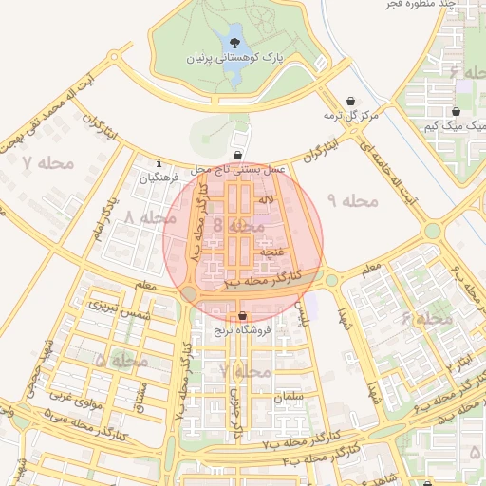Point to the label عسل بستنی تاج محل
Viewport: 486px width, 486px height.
pos(237,168)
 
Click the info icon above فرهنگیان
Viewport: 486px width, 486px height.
pos(159,163)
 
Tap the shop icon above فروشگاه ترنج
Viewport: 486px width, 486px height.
pos(243,315)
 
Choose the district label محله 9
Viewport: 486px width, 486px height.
pos(352,200)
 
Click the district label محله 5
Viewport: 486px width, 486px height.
pos(121,362)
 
